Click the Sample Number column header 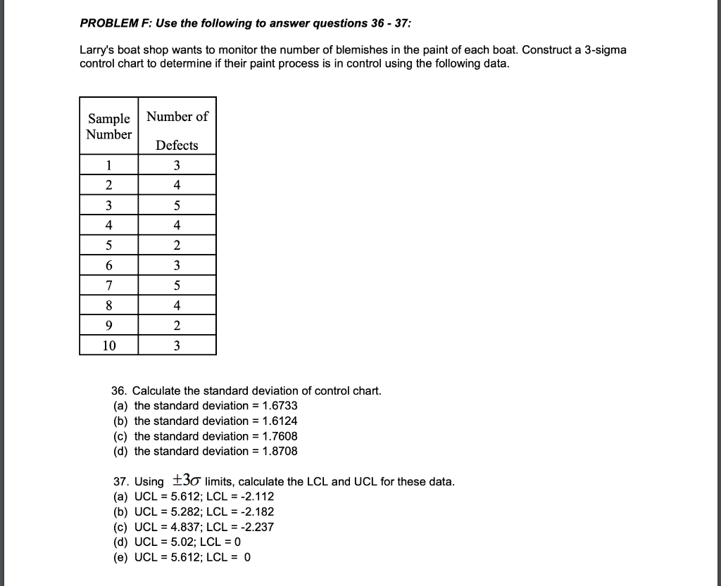pyautogui.click(x=108, y=126)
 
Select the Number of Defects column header pyautogui.click(x=177, y=130)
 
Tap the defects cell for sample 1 pyautogui.click(x=177, y=166)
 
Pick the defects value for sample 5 pyautogui.click(x=177, y=246)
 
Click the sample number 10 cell pyautogui.click(x=108, y=345)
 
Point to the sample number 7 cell pyautogui.click(x=108, y=286)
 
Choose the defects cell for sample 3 pyautogui.click(x=177, y=206)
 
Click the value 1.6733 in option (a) pyautogui.click(x=280, y=406)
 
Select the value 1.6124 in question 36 pyautogui.click(x=280, y=421)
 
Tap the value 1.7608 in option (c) pyautogui.click(x=280, y=436)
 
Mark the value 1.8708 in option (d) pyautogui.click(x=280, y=451)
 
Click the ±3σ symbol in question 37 pyautogui.click(x=186, y=481)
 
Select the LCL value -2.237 pyautogui.click(x=258, y=527)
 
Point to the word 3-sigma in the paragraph pyautogui.click(x=603, y=51)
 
